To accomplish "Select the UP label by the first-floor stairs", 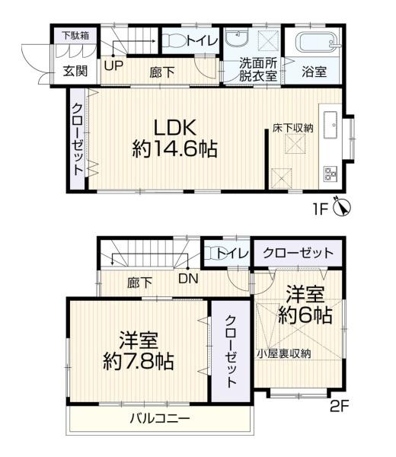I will (x=113, y=65).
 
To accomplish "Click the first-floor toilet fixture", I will (x=173, y=41).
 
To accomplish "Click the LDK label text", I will (x=177, y=126).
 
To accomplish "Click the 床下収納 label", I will (x=293, y=128).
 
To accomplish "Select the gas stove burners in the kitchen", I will (x=332, y=172).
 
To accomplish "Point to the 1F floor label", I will (x=319, y=207).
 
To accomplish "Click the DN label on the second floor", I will (x=188, y=278).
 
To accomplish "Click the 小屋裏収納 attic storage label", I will (x=283, y=353).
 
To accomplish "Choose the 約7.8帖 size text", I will (x=139, y=359).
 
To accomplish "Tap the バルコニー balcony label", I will (x=159, y=418).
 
